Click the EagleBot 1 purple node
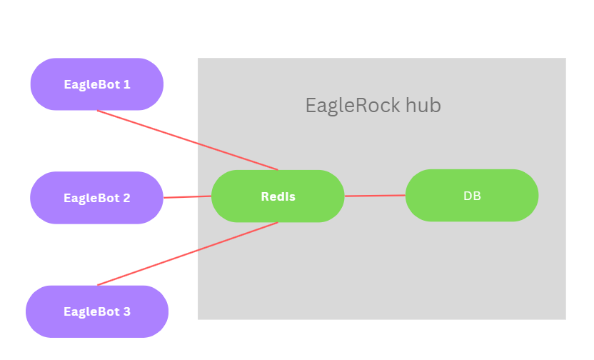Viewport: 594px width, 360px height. pos(96,84)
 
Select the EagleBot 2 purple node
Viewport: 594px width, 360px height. pos(96,198)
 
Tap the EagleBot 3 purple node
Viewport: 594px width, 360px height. pos(96,311)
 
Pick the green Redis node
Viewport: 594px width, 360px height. pos(278,196)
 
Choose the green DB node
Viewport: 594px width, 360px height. pos(472,196)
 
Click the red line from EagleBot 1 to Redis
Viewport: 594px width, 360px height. pos(187,140)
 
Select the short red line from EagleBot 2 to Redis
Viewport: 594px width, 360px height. pos(188,197)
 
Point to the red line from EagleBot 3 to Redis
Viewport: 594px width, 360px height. pos(187,254)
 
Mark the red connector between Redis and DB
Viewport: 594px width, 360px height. pos(375,196)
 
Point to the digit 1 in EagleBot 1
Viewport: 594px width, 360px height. pos(127,84)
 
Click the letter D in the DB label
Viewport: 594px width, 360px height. pos(468,196)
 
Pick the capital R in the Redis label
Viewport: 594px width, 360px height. pos(265,196)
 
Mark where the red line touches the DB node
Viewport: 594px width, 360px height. pos(406,195)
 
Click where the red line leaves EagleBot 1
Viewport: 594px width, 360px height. pos(98,111)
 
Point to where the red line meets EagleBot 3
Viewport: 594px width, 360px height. pos(98,285)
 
